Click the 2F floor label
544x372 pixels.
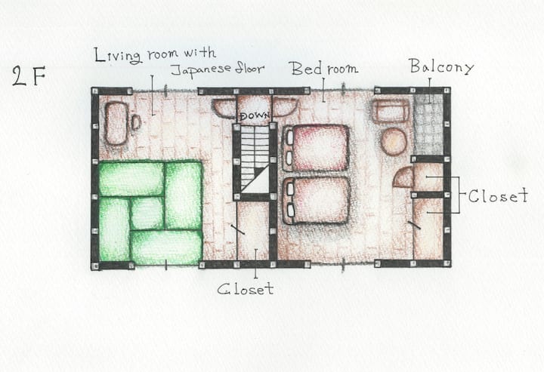click(x=29, y=76)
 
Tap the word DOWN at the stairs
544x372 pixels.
click(x=255, y=115)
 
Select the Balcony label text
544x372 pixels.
click(x=441, y=66)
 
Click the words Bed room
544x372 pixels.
click(x=324, y=68)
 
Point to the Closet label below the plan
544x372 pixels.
click(x=246, y=289)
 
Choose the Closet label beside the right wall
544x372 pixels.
click(x=498, y=195)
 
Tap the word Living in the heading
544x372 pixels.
click(x=118, y=55)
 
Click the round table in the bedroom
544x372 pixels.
click(x=394, y=141)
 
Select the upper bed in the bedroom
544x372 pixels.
click(x=316, y=148)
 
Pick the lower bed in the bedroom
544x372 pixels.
click(x=317, y=201)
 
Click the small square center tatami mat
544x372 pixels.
click(x=147, y=213)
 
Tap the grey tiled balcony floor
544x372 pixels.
click(x=428, y=125)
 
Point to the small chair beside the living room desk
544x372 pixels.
click(x=136, y=122)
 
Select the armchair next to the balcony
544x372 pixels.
click(x=391, y=111)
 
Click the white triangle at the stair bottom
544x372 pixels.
click(x=259, y=182)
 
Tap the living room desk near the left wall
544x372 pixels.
click(x=116, y=123)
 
